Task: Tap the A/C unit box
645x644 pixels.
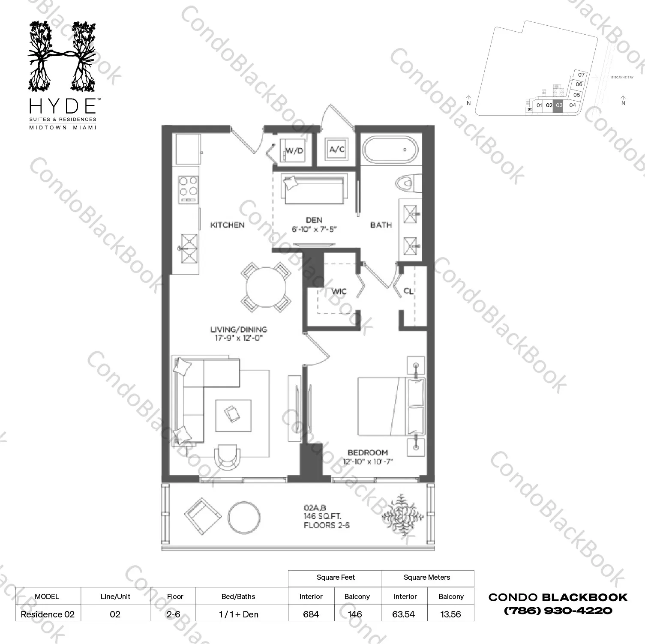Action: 337,149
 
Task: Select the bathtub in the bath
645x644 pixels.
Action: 390,150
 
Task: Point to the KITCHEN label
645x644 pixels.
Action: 227,225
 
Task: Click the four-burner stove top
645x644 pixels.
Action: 188,189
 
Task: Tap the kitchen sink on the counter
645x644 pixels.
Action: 189,248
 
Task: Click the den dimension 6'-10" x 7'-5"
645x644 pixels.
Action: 314,229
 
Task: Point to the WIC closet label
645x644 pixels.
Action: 339,291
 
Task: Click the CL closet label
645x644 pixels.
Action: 408,291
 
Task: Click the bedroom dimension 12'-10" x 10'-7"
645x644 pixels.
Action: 368,461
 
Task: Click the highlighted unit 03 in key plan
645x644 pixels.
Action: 559,105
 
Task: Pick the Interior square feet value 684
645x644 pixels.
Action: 311,614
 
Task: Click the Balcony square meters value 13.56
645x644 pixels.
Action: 450,614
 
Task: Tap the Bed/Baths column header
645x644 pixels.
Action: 238,596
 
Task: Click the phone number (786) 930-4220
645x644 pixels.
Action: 558,611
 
